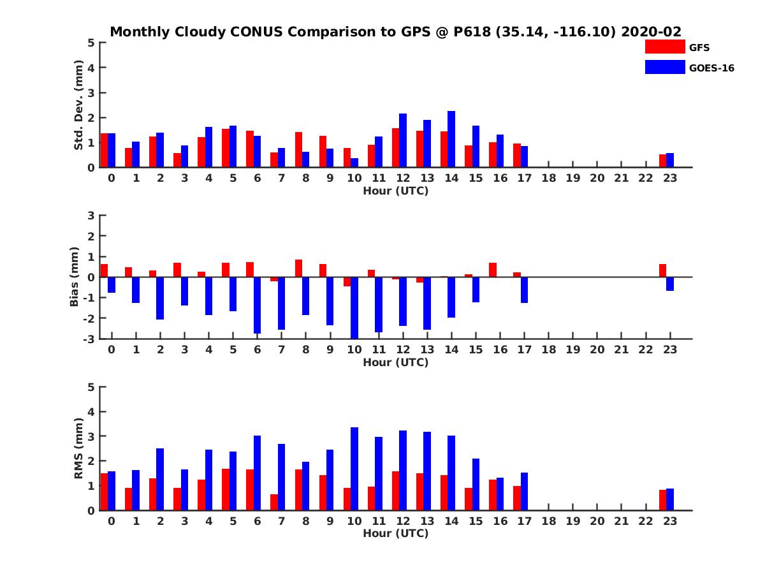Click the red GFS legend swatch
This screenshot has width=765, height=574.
(665, 47)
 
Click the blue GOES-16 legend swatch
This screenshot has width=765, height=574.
(665, 67)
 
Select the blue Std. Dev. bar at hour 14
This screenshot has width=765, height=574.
(451, 139)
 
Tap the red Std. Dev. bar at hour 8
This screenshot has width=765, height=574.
(298, 150)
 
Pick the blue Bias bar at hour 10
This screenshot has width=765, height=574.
(354, 307)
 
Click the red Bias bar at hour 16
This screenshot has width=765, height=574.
(493, 270)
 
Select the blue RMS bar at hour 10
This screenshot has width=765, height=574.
(354, 469)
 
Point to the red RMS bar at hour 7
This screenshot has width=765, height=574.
(274, 502)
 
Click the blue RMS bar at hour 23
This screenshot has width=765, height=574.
(670, 499)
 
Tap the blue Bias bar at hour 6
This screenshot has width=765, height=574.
(258, 305)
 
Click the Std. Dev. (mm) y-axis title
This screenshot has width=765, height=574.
(79, 105)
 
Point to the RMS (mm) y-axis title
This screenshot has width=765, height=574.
(79, 448)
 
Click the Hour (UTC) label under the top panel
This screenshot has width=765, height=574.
(396, 191)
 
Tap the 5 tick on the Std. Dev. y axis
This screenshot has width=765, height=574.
(92, 43)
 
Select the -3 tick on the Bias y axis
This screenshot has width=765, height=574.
(90, 339)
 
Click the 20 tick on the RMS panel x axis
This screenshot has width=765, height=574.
(597, 522)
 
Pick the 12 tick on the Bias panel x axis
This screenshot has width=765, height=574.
(403, 350)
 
